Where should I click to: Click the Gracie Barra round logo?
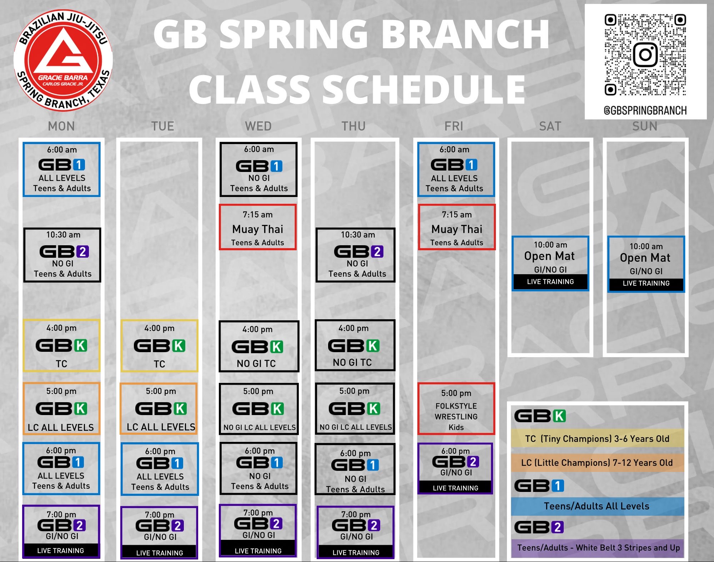coord(63,60)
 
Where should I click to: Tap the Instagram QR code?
coord(645,55)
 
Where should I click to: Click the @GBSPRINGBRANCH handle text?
coord(645,110)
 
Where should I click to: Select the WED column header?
coord(258,126)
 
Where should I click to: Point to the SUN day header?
coord(645,126)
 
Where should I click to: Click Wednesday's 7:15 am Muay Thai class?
coord(257,227)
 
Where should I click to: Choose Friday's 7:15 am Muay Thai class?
coord(457,227)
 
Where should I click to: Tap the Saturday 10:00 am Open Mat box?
coord(550,263)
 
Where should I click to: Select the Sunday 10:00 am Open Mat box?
coord(646,264)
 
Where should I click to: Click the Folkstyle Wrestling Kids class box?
coord(456,409)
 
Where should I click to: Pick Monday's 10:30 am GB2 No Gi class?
coord(62,255)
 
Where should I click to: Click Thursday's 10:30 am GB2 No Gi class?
coord(356,255)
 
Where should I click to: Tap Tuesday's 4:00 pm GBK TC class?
coord(159,346)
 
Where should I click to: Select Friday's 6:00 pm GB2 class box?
coord(455,468)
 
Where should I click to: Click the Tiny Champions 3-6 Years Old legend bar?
coord(597,439)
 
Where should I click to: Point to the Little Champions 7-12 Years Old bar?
coord(597,463)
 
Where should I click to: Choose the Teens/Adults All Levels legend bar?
coord(597,506)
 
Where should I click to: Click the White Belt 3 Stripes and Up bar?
coord(597,548)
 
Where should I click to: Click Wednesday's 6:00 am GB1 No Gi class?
coord(258,169)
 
